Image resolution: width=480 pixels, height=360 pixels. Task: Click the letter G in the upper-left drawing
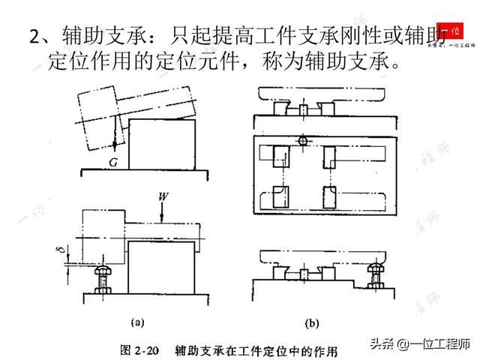coord(112,159)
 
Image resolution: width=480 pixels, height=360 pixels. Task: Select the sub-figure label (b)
coord(313,323)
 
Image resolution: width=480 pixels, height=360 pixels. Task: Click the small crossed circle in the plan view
coord(301,141)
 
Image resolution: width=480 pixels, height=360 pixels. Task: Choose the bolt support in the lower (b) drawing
coord(373,277)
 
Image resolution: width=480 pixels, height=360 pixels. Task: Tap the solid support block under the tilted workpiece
coord(163,142)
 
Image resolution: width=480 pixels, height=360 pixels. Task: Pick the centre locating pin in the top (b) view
coord(301,109)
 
